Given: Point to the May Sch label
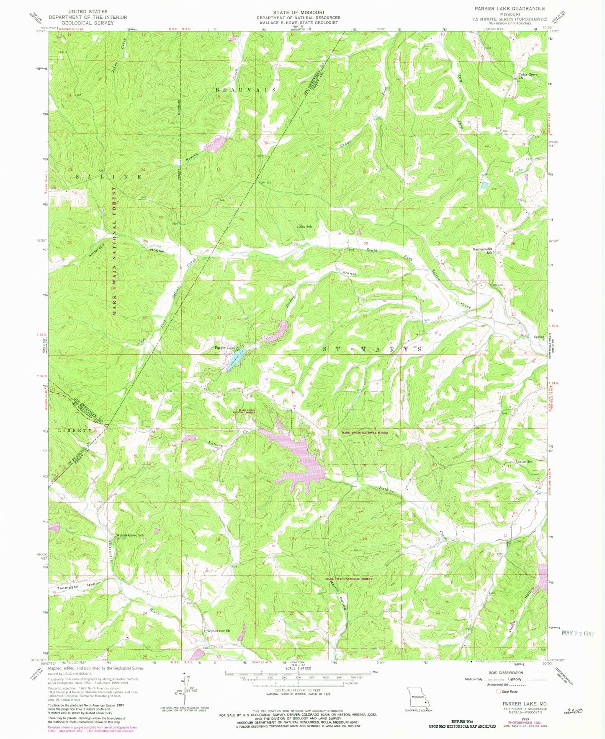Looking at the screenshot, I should click(306, 226).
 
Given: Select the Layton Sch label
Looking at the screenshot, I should click(523, 462).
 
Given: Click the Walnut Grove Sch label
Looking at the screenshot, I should click(130, 535).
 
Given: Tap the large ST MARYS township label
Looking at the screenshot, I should click(372, 349).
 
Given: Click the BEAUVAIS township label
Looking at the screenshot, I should click(246, 90).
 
